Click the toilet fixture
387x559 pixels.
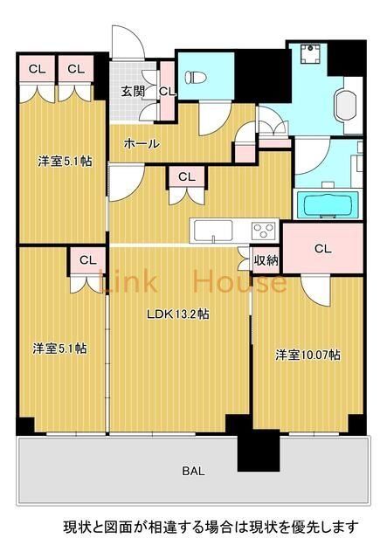tap(196, 78)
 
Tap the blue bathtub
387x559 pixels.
tap(328, 207)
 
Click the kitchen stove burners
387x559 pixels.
tap(264, 231)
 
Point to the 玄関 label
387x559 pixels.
tap(133, 91)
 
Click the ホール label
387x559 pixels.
tap(141, 143)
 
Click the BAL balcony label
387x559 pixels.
tap(193, 471)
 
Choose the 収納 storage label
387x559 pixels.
tap(266, 259)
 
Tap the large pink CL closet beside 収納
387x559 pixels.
tap(322, 249)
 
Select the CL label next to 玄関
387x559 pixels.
tap(167, 90)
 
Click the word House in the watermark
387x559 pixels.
tap(238, 282)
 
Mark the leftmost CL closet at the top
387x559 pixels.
tap(38, 69)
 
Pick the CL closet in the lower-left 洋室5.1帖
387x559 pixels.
tap(87, 260)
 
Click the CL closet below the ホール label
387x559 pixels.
tap(185, 176)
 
